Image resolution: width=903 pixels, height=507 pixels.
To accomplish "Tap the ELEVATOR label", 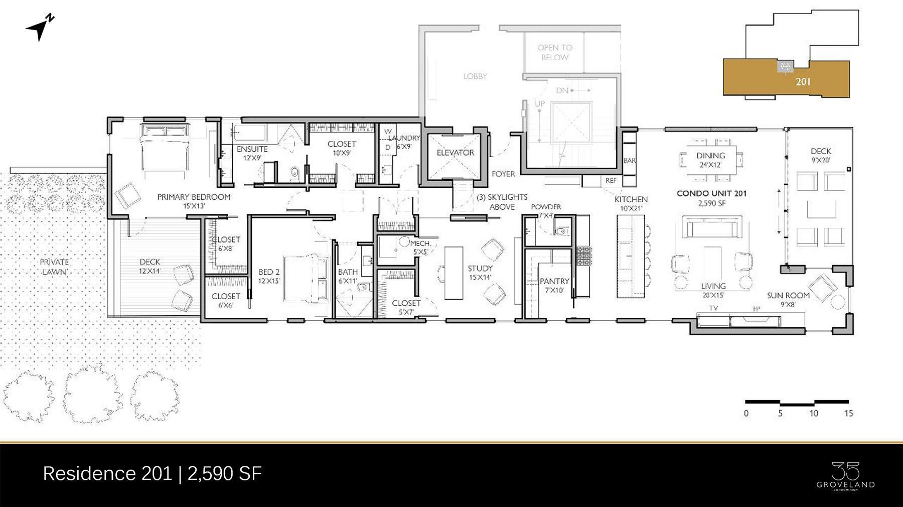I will tap(455, 153).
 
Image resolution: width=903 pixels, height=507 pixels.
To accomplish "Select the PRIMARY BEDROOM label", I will tap(194, 197).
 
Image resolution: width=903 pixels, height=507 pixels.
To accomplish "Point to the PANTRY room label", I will tap(554, 282).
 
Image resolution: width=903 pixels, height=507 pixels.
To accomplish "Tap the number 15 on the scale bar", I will tap(848, 413).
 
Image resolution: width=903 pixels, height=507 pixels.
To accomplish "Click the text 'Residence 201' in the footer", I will tap(107, 473).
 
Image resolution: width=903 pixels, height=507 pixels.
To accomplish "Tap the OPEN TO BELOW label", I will tap(554, 52).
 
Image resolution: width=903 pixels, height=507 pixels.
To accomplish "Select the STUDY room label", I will tap(480, 269).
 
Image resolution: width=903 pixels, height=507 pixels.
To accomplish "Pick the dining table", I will tap(711, 160).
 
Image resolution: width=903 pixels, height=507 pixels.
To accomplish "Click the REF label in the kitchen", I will tap(611, 181).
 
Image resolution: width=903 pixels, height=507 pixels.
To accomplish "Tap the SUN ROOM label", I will tap(788, 296).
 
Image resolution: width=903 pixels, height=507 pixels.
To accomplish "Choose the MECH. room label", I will tap(420, 243).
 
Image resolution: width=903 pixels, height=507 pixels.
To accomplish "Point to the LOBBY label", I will tap(475, 76).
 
